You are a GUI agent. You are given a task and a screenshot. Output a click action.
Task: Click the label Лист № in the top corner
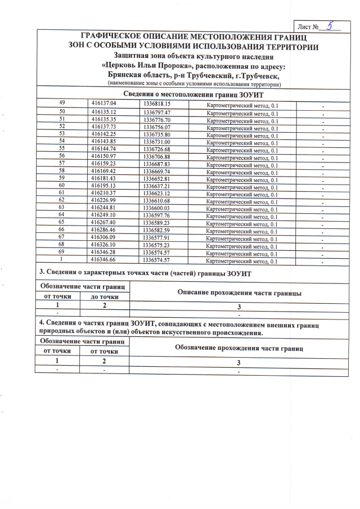tap(309, 27)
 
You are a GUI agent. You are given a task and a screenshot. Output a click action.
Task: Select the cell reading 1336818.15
tap(157, 105)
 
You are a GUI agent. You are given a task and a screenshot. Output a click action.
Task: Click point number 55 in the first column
tap(62, 148)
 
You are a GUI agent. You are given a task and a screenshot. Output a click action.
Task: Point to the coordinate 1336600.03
tap(157, 208)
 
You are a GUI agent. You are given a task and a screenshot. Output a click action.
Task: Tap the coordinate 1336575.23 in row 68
tap(157, 246)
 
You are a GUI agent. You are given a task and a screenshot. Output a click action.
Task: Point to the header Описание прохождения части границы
tap(240, 293)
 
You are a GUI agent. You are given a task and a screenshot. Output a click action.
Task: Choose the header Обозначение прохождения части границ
tap(240, 348)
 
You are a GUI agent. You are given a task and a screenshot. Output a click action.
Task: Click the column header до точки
tap(105, 297)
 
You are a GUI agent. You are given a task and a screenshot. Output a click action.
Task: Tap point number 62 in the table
tap(62, 200)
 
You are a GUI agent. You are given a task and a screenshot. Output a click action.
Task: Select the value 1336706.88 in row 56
tap(157, 156)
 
